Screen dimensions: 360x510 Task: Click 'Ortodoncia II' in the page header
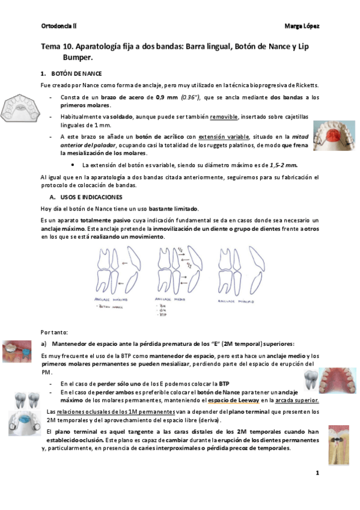[58, 26]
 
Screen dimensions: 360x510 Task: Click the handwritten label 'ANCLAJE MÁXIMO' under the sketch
[114, 299]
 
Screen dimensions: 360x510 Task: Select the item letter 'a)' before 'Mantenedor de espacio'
[44, 344]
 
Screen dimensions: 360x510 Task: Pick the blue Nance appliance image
[24, 425]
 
